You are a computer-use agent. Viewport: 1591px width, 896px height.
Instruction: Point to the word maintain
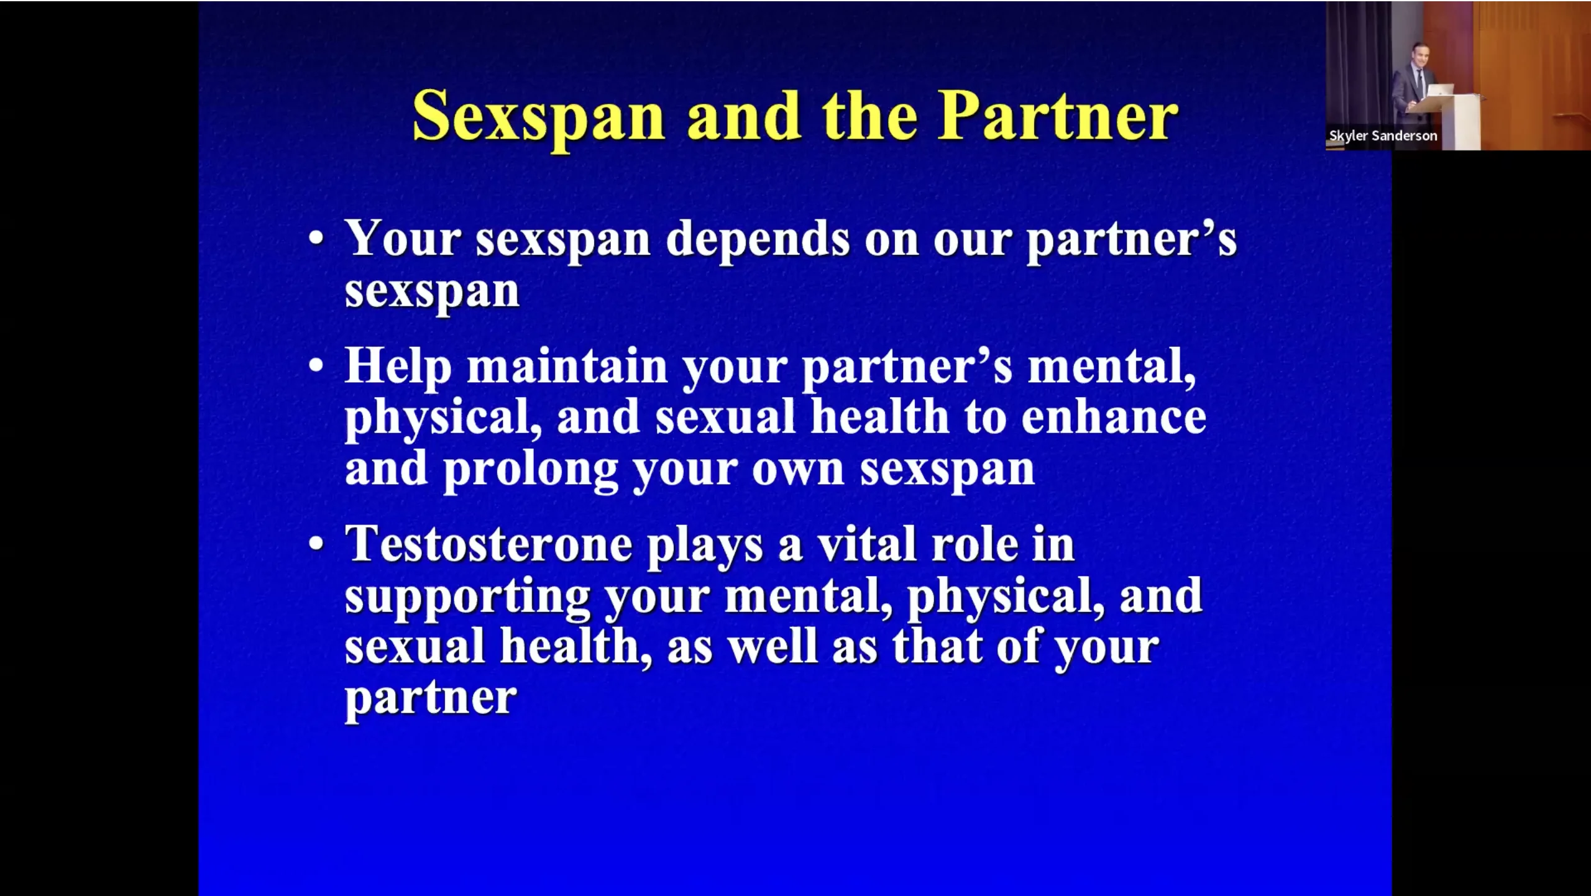567,366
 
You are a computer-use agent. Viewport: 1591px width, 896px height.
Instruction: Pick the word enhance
1114,417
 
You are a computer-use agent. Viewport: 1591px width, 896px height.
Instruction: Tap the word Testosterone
489,544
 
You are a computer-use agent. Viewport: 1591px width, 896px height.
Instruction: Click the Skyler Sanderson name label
1383,136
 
